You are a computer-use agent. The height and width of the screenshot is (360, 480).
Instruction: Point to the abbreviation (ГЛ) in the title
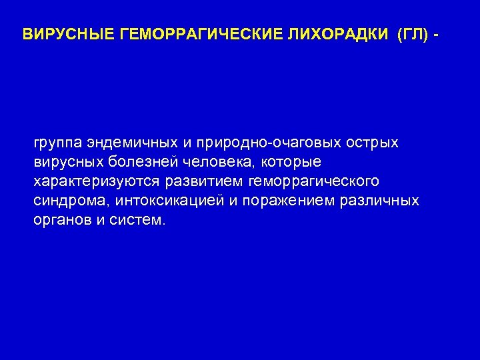coord(411,34)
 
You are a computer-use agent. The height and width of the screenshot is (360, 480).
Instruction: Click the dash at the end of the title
coord(437,34)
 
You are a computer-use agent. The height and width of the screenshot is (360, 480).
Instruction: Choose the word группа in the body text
coord(58,143)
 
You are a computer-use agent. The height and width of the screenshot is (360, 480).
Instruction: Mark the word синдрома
coord(71,201)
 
